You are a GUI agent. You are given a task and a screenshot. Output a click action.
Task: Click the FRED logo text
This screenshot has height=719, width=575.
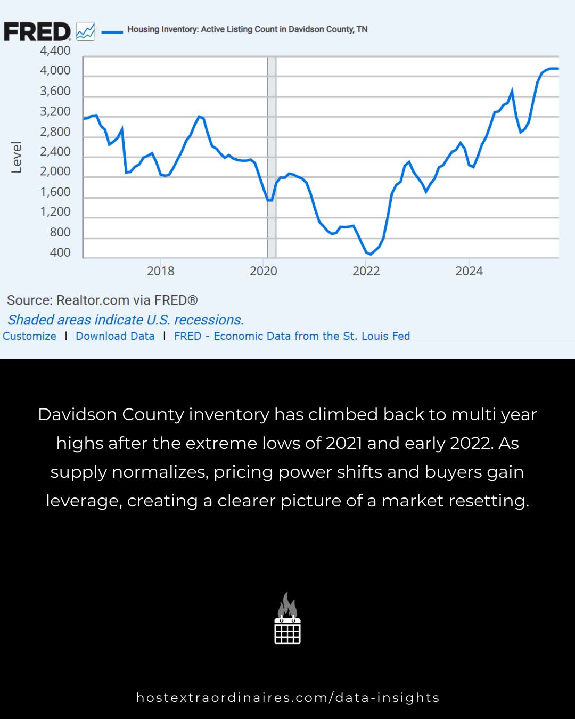[37, 32]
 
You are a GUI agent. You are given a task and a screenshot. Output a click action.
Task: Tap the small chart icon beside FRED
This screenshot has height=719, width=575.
[85, 32]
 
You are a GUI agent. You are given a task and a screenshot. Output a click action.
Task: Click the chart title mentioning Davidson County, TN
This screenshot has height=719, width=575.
[247, 29]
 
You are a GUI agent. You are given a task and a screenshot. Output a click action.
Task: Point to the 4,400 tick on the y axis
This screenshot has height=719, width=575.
[55, 51]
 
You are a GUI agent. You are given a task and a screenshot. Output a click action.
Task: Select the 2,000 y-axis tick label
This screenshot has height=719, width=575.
[55, 171]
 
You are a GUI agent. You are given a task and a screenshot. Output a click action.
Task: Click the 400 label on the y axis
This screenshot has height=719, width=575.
[60, 252]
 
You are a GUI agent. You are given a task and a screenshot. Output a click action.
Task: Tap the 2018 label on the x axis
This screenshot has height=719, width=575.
[160, 271]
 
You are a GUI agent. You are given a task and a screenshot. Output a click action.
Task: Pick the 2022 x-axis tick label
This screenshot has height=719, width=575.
[366, 271]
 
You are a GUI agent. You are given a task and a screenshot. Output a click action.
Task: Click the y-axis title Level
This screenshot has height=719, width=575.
[17, 157]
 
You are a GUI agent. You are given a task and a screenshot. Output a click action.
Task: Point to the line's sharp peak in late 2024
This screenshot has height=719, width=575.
[512, 91]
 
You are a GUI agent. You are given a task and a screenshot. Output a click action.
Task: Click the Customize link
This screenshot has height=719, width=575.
[29, 336]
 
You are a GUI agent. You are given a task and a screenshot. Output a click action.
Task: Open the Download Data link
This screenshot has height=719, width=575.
[115, 336]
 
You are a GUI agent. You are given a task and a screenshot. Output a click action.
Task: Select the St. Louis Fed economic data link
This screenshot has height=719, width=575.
[292, 336]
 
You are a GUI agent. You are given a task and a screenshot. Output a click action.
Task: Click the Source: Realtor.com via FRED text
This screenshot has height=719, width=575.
[102, 300]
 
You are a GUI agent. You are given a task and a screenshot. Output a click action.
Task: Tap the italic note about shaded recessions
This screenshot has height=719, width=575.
[125, 320]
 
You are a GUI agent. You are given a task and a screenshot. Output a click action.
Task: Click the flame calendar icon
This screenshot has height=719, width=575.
[287, 619]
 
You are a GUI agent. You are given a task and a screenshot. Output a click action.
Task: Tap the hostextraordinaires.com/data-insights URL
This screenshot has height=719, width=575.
[287, 698]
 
